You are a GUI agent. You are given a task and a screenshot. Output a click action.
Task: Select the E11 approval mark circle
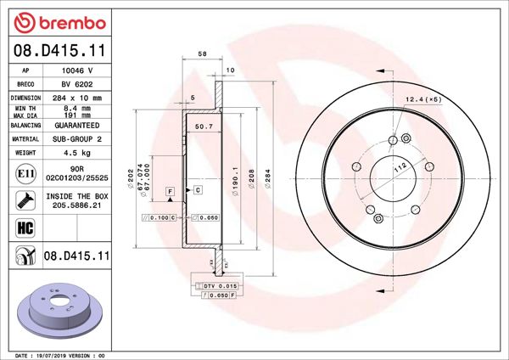tap(25, 174)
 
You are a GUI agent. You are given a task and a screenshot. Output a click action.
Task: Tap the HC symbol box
tap(25, 227)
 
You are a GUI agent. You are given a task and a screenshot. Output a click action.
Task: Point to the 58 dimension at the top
tap(201, 53)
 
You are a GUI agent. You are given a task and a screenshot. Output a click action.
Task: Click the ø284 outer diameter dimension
tap(267, 180)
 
